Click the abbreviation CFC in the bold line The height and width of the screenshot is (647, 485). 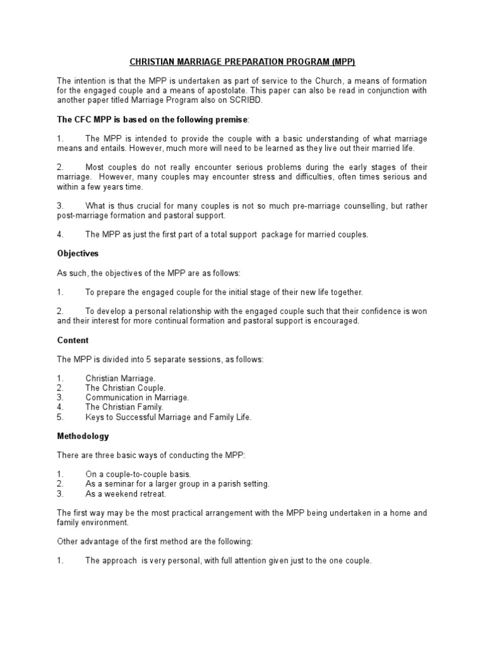(x=80, y=119)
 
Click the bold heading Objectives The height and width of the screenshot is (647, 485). (x=78, y=253)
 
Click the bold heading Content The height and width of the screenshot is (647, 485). (x=73, y=340)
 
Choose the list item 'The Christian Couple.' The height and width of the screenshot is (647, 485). (x=126, y=387)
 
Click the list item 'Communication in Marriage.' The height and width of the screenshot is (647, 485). (x=137, y=397)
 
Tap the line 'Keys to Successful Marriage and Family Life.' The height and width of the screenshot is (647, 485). (x=168, y=416)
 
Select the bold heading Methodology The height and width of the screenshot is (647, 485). (x=83, y=436)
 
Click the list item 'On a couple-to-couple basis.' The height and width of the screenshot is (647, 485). (x=138, y=474)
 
